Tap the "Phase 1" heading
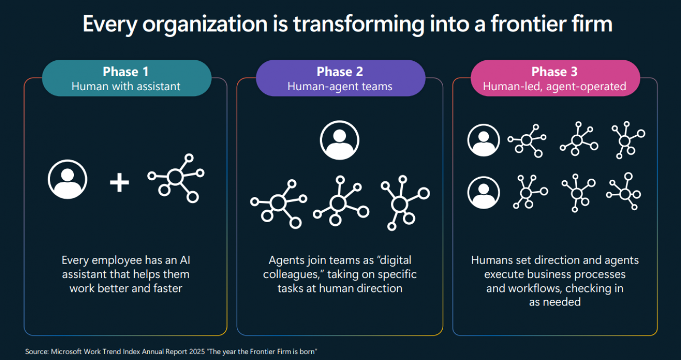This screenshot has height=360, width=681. tap(126, 72)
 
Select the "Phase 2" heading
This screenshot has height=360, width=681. tap(340, 72)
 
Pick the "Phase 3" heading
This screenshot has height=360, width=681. tap(554, 72)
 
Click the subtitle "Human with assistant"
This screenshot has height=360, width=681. tap(126, 86)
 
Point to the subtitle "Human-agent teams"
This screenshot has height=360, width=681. tap(340, 86)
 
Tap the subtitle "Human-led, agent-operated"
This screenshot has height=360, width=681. tap(555, 86)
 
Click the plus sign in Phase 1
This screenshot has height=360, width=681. tap(119, 182)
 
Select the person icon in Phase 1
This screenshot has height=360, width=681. tap(68, 179)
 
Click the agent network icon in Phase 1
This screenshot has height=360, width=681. tap(175, 178)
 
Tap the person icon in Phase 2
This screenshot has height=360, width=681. tap(339, 140)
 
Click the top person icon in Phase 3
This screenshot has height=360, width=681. tap(484, 140)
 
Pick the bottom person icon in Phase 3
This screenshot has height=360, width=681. tap(484, 192)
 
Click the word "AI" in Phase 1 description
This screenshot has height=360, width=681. tap(185, 260)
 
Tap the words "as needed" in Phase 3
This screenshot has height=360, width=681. tap(555, 302)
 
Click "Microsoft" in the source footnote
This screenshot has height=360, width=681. tap(67, 352)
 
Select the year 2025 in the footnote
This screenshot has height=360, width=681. tap(197, 352)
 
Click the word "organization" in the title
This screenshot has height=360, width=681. tap(205, 24)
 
